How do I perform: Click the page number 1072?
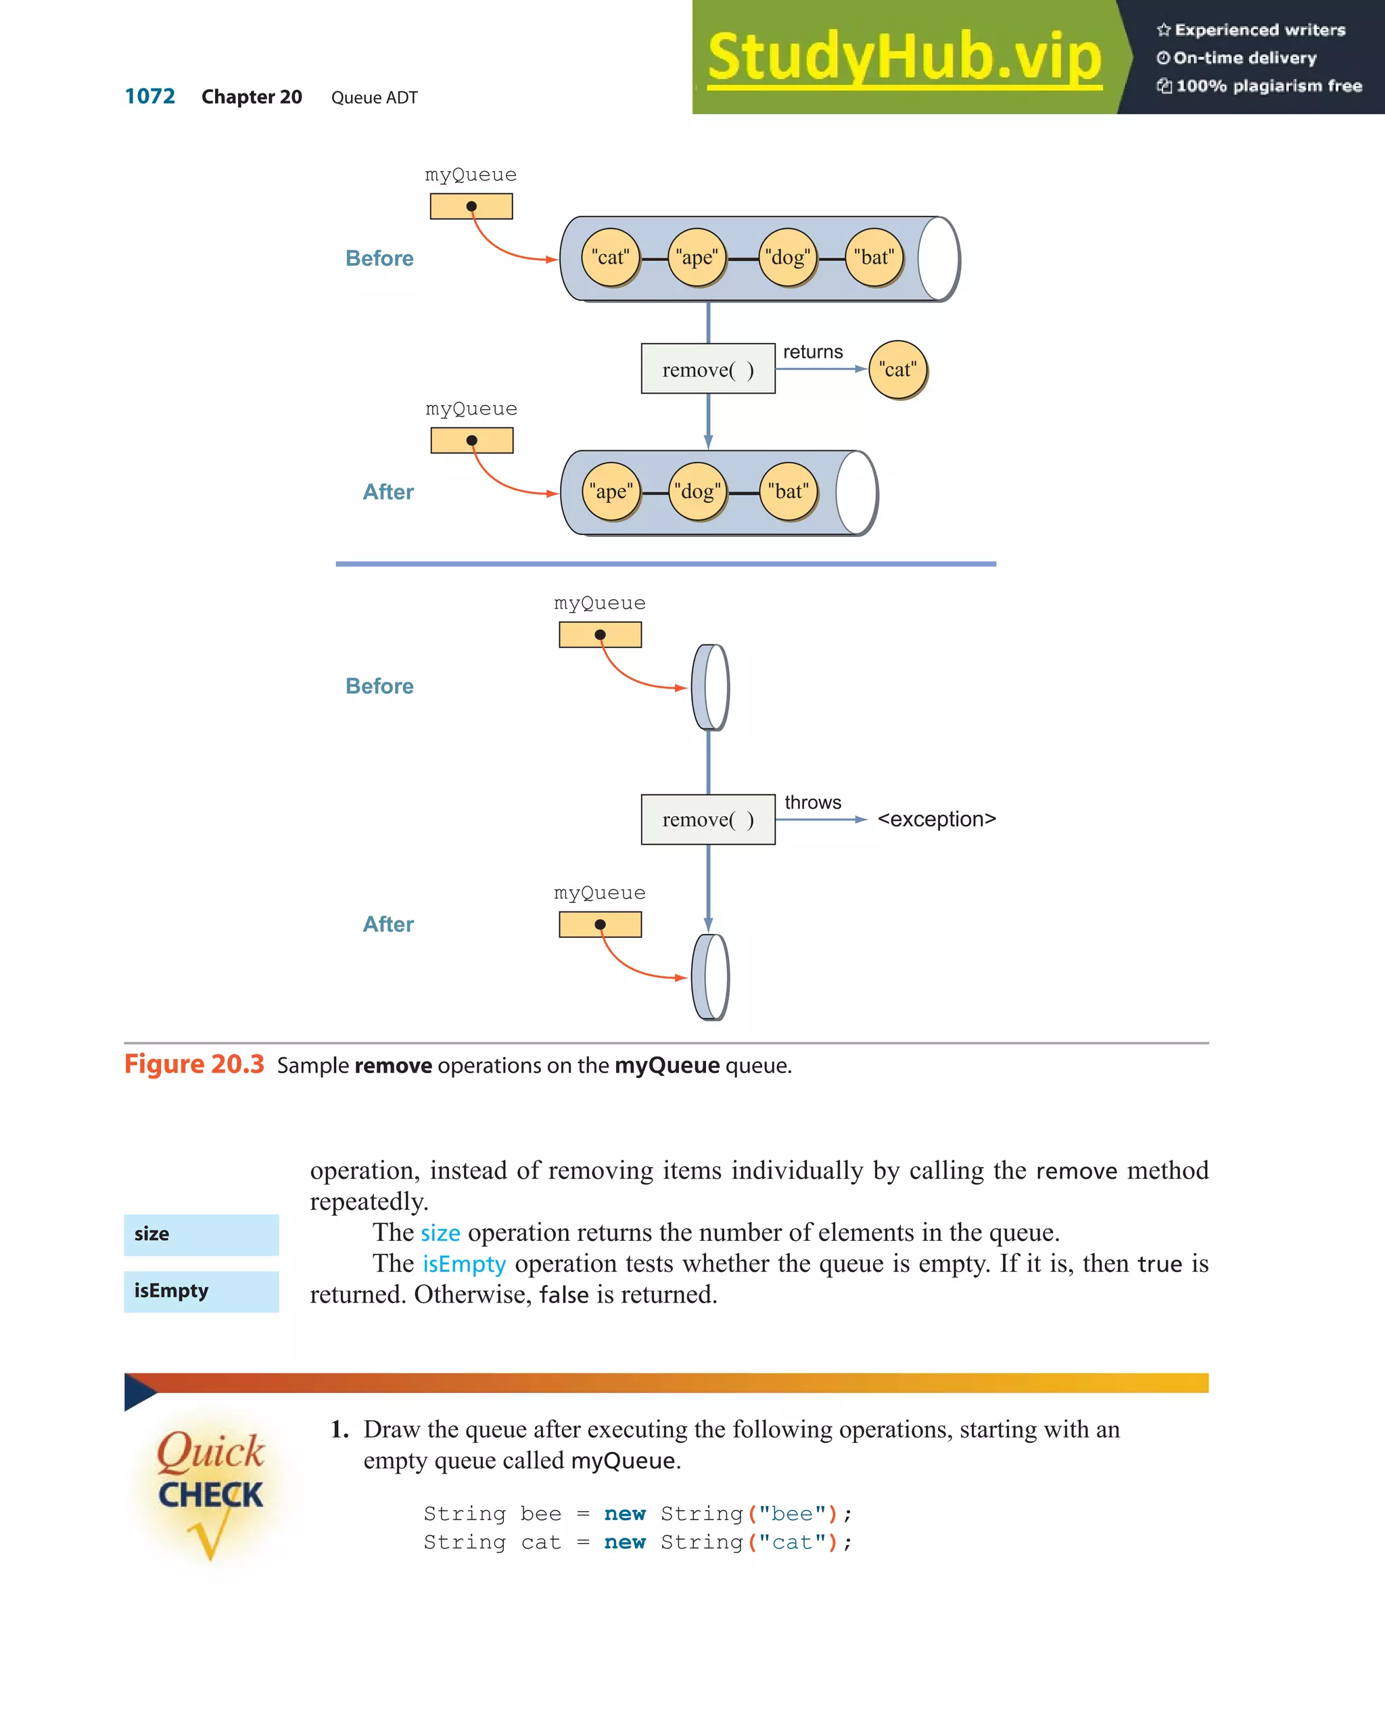[149, 97]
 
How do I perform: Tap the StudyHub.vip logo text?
[903, 57]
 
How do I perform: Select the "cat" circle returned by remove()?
[897, 370]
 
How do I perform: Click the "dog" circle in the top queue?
[787, 257]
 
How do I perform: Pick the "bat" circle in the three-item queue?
[788, 492]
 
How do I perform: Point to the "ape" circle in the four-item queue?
[697, 257]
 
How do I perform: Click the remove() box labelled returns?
[707, 369]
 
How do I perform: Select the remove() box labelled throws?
[707, 819]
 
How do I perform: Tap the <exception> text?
[937, 819]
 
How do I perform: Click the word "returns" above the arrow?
[813, 352]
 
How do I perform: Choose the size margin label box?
[201, 1234]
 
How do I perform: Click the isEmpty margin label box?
[201, 1291]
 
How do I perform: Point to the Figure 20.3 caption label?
[194, 1064]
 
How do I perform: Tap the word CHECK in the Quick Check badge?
[211, 1495]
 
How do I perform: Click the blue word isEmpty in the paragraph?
[464, 1264]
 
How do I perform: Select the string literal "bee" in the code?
[792, 1513]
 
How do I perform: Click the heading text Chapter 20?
[252, 97]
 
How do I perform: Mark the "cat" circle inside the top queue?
[611, 257]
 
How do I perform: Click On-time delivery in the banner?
[1244, 57]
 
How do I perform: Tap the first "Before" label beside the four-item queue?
[379, 258]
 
